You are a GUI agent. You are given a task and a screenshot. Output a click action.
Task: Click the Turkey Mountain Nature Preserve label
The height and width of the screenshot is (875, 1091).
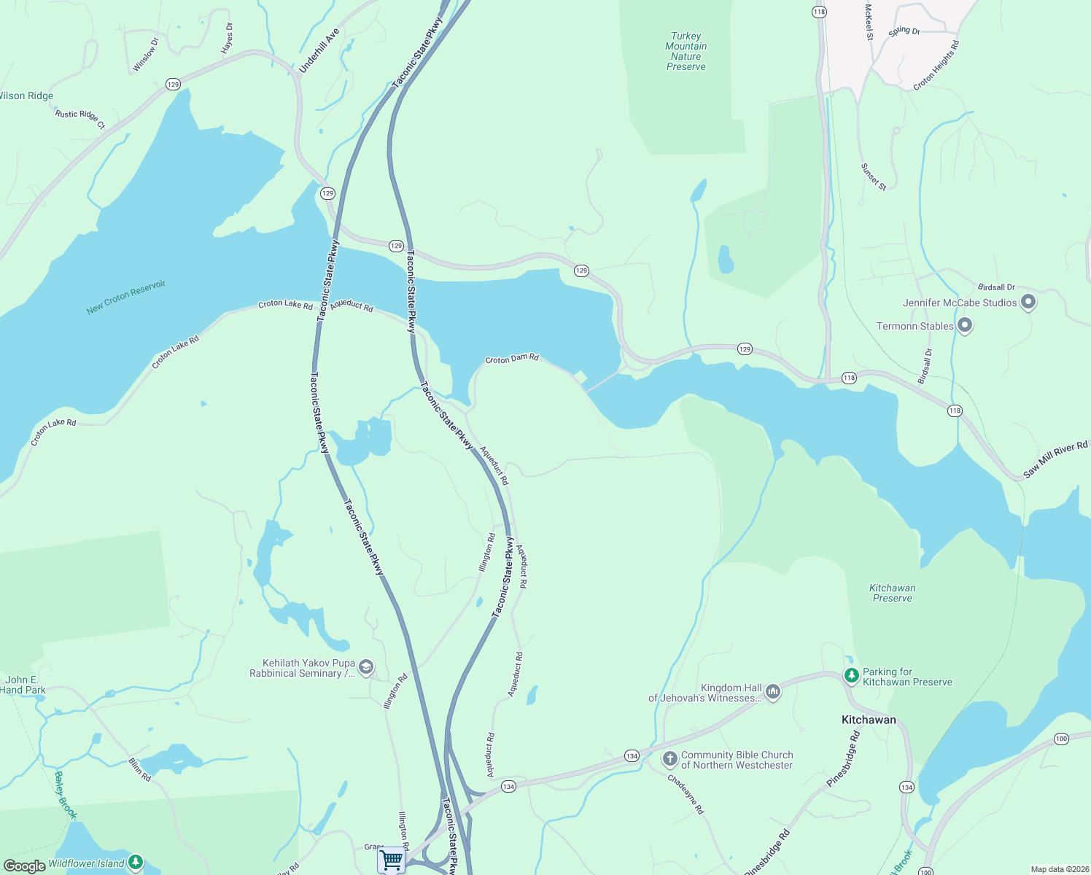click(x=686, y=51)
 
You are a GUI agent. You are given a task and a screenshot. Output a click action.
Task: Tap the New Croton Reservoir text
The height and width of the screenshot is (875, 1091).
click(x=126, y=297)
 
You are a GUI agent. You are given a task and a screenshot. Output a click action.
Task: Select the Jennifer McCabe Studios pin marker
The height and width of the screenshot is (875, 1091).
click(x=1028, y=302)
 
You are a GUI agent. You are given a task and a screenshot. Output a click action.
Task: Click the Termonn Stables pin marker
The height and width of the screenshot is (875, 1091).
click(x=964, y=326)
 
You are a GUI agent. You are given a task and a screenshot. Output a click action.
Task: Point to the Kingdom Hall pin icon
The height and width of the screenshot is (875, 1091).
click(x=773, y=691)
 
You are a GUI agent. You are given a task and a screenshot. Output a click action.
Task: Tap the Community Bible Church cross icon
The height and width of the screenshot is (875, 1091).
click(x=669, y=759)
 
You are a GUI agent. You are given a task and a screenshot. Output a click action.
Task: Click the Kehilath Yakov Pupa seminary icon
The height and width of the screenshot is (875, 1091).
click(x=366, y=667)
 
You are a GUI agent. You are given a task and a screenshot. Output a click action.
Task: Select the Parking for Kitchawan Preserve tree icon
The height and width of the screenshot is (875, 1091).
click(x=851, y=676)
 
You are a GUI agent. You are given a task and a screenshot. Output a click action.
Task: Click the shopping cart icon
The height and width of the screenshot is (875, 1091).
click(x=392, y=860)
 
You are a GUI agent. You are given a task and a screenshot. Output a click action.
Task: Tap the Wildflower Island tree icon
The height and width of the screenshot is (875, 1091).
click(x=135, y=863)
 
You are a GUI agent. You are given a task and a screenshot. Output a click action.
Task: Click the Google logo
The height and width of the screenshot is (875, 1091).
click(x=24, y=866)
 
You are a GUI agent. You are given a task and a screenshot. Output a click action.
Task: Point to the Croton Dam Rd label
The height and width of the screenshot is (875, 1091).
click(x=512, y=359)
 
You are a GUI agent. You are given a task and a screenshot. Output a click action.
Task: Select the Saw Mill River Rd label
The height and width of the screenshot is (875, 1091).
click(x=1055, y=460)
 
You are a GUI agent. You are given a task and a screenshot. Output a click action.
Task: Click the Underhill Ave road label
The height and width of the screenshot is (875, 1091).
click(x=319, y=51)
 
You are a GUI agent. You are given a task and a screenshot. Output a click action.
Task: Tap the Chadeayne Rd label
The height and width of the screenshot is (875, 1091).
click(x=686, y=794)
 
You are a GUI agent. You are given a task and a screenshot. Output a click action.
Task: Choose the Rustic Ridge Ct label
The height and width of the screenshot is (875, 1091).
click(x=80, y=119)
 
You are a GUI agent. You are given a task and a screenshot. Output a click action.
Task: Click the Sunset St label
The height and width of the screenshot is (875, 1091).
click(x=873, y=177)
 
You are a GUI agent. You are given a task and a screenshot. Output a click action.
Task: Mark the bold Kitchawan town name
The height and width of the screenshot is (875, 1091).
click(x=869, y=720)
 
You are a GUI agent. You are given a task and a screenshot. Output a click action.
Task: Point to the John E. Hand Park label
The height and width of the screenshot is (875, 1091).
click(x=23, y=685)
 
